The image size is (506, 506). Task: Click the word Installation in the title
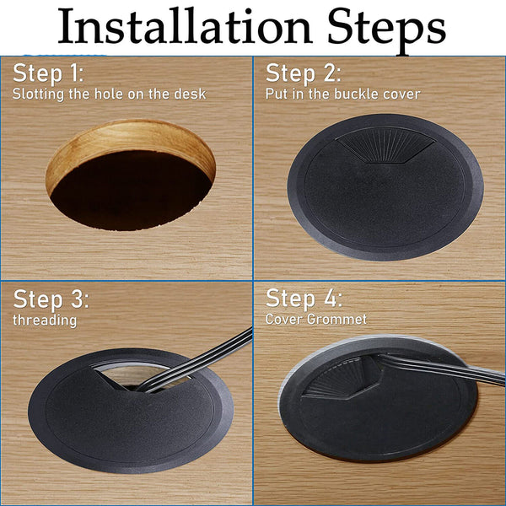point(185,26)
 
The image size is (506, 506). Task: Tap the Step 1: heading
point(48,73)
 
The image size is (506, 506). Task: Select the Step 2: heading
point(304,73)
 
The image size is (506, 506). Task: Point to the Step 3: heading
point(51,299)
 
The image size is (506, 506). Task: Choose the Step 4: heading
point(304,299)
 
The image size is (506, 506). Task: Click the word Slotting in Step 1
point(38,94)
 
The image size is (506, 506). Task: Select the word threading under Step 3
point(45,320)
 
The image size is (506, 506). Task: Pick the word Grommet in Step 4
point(336,319)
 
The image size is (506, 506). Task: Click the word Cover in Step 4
point(284,319)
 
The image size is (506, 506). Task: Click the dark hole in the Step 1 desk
point(131,191)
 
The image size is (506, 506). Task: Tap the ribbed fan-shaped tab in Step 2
point(385,145)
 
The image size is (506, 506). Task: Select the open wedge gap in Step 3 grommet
point(139,374)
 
